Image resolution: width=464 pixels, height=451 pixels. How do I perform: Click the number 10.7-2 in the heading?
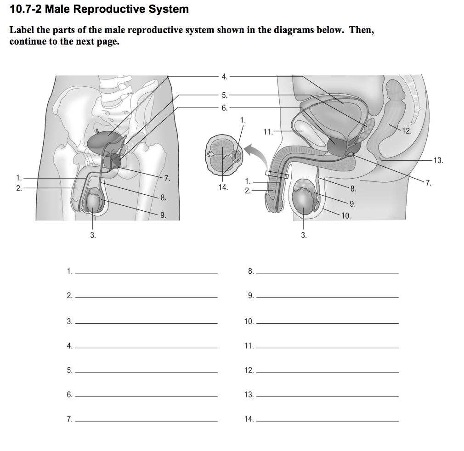(25, 9)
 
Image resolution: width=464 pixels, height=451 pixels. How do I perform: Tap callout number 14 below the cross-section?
(223, 187)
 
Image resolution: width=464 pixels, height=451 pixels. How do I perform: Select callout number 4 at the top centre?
(224, 76)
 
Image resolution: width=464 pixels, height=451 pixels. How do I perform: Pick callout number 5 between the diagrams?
(224, 96)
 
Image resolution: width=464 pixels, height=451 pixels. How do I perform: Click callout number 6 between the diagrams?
(224, 108)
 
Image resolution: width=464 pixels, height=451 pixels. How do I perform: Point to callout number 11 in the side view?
(268, 132)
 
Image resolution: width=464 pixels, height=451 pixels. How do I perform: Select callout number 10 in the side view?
(346, 215)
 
